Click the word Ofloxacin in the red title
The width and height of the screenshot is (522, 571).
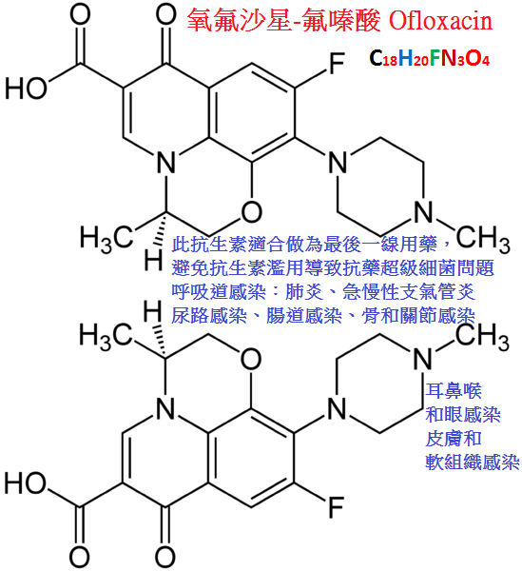[440, 21]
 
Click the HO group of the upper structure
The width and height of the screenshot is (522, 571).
[26, 89]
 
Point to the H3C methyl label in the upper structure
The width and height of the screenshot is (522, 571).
[106, 239]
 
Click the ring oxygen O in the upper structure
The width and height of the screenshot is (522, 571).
[251, 211]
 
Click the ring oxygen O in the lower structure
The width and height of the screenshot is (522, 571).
[251, 359]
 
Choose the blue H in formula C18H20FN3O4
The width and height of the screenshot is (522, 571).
[405, 58]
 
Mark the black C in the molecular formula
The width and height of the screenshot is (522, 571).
[376, 58]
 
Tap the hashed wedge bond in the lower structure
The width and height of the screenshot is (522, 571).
[161, 342]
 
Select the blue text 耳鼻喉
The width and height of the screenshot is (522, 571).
[454, 390]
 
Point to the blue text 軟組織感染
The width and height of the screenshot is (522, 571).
[473, 462]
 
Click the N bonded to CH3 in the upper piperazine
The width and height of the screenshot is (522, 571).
[423, 211]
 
